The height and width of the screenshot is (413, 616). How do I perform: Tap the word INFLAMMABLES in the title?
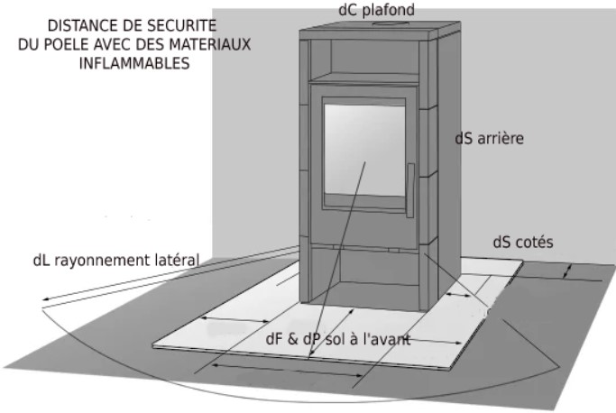tap(134, 63)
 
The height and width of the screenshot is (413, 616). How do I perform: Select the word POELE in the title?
tap(66, 44)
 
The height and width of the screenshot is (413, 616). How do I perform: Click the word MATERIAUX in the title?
tap(210, 44)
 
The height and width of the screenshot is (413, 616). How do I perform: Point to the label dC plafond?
tap(376, 10)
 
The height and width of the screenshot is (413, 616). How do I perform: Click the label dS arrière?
tap(489, 138)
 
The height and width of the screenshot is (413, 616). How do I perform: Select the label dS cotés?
tap(523, 242)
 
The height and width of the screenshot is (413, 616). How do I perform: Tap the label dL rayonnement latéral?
tap(116, 260)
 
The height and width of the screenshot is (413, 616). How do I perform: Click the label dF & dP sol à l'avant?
tap(338, 339)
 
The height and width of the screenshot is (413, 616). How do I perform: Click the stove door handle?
tap(410, 190)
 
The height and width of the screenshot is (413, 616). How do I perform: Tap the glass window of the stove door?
tap(364, 151)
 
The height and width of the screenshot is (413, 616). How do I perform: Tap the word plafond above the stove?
tap(388, 11)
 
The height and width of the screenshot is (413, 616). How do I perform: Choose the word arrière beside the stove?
tap(501, 138)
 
